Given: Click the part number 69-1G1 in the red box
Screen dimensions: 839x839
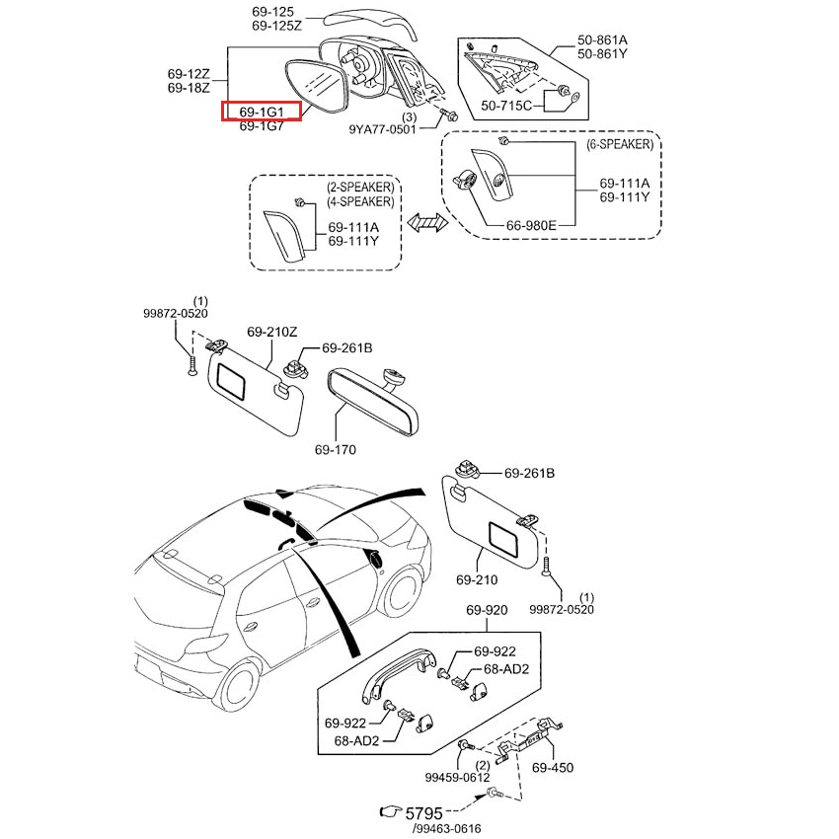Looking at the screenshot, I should pos(262,112).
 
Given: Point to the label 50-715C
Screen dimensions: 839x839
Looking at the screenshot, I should pos(506,105).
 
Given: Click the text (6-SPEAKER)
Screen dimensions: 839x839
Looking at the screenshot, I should pos(619,144).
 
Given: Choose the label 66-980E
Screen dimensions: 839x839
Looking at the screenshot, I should pos(532,225).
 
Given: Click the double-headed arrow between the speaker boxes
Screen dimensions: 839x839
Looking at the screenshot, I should pos(426,224).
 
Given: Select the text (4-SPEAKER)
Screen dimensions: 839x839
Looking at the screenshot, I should pos(360,201).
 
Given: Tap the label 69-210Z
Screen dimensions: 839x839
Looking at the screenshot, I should pos(271,332).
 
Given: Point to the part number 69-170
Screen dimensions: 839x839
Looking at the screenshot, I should pos(336,450).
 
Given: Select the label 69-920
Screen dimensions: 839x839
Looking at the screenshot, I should pos(486,611).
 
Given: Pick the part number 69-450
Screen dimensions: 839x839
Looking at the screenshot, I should pos(553,767).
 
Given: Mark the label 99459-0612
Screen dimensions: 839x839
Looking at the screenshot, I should pos(456,778).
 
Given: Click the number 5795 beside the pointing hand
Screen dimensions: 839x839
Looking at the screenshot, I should pos(426,811).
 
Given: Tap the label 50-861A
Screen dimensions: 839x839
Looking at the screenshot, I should pos(602,40).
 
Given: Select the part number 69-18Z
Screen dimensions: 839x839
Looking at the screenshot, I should pos(188,89).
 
